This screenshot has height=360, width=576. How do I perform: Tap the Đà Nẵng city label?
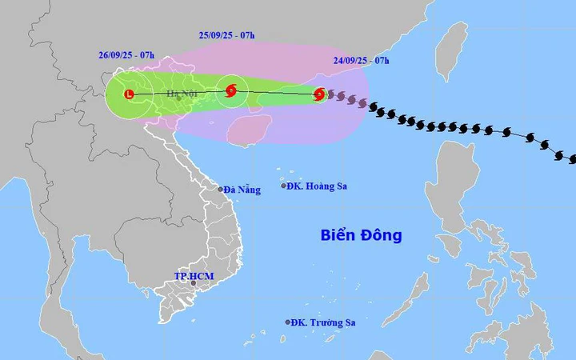(242, 190)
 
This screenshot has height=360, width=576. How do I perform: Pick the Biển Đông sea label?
(361, 235)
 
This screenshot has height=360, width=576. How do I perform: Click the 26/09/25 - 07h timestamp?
(126, 55)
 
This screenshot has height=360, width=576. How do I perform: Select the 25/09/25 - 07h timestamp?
(227, 35)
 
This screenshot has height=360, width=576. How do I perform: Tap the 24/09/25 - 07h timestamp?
(362, 60)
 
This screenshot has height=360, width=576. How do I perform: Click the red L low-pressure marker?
(130, 94)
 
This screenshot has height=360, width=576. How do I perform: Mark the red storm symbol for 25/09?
(231, 90)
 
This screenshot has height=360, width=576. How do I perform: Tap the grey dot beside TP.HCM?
(193, 283)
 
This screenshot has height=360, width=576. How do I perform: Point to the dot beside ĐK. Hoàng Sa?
(284, 186)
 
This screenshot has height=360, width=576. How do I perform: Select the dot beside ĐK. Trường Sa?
(288, 322)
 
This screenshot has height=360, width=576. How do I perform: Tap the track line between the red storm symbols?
(276, 93)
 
